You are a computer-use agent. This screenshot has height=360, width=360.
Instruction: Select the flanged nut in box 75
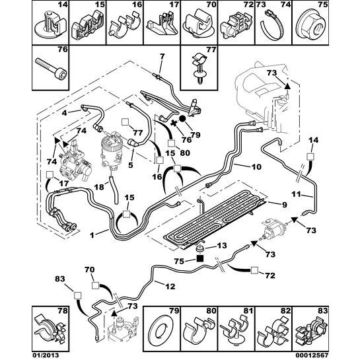[311, 27]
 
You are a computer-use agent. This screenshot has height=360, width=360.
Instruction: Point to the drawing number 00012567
[313, 355]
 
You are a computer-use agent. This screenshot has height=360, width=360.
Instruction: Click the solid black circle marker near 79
[183, 119]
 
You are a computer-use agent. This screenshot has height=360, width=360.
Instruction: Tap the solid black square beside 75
[200, 259]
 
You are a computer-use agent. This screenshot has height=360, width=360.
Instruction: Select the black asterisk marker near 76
[174, 124]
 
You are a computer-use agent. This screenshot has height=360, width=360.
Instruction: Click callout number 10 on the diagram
[256, 166]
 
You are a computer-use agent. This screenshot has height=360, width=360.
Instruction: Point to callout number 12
[170, 286]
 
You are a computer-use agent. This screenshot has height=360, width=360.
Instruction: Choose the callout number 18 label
[99, 187]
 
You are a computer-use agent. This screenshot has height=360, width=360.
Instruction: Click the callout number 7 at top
[162, 57]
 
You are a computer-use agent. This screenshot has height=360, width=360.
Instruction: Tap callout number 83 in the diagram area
[60, 279]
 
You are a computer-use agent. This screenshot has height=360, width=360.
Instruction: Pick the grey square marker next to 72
[254, 271]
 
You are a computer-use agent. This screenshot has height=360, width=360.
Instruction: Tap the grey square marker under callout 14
[311, 157]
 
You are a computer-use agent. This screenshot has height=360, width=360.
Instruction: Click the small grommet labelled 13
[199, 248]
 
